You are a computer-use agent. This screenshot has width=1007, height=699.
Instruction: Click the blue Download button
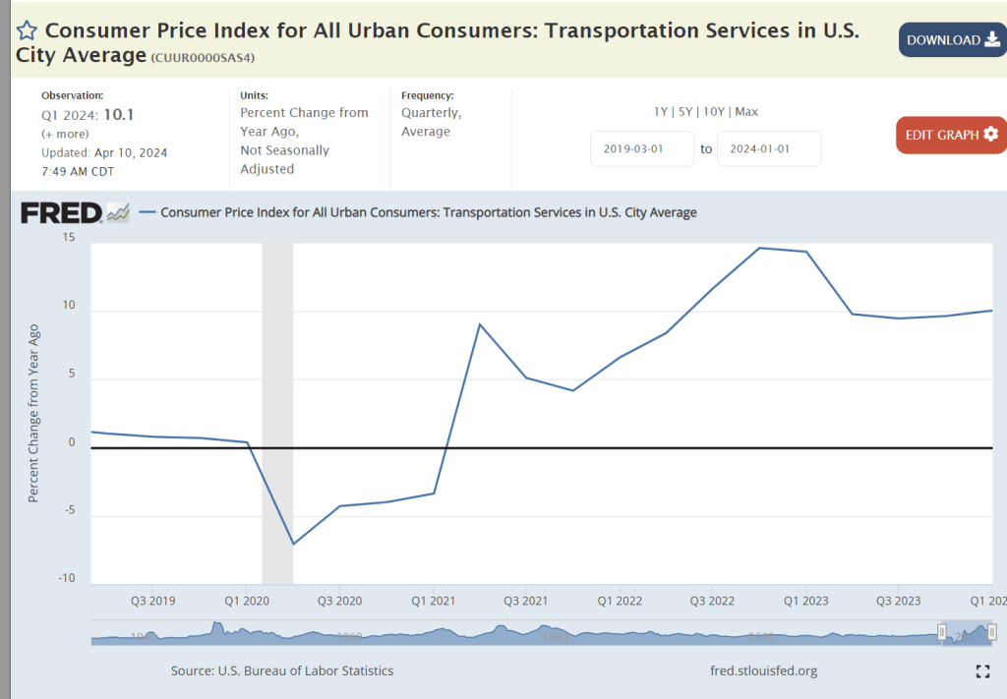951,39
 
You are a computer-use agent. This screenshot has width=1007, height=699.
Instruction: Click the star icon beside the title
28,29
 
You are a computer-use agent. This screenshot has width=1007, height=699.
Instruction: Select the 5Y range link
684,112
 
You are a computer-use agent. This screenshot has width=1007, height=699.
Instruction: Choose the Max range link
745,112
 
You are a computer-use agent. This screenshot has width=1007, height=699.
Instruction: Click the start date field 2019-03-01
642,148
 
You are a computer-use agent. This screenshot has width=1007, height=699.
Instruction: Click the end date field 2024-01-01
768,148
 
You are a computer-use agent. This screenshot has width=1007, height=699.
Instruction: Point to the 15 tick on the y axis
68,237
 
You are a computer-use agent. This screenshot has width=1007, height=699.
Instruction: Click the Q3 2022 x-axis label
712,600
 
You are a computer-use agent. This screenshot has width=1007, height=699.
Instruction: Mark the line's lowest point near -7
293,544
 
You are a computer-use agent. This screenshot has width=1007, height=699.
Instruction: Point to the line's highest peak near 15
759,248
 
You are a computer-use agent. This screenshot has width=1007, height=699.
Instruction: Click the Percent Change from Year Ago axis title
33,413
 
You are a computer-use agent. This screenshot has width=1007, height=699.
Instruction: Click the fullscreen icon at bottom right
981,671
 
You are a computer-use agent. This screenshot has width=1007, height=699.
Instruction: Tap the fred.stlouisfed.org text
763,670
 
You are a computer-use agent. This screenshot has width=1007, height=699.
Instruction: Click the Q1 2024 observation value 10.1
118,114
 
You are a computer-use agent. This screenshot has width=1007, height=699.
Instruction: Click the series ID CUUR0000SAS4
203,58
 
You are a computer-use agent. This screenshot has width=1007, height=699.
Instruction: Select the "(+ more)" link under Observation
65,134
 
